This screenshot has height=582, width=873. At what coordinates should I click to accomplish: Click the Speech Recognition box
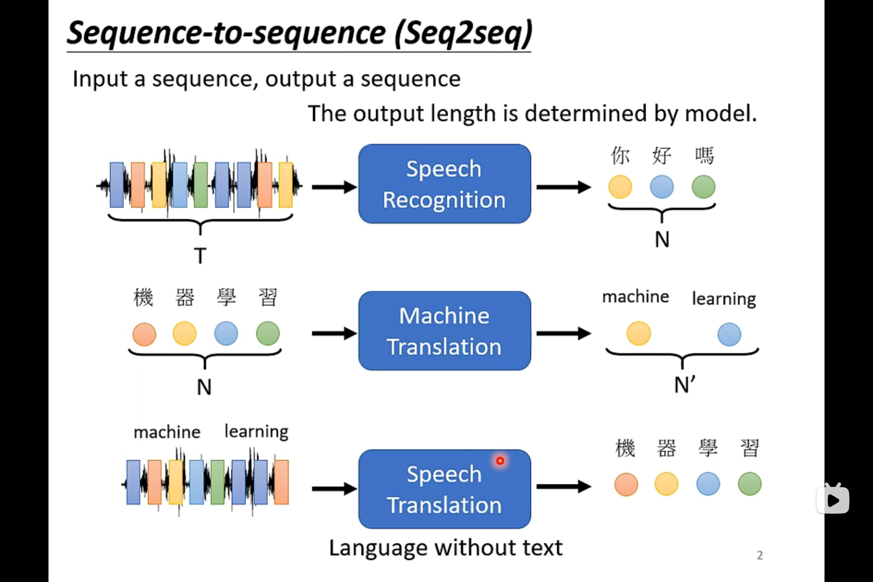click(445, 184)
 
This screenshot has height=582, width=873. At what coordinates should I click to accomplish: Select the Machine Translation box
click(445, 331)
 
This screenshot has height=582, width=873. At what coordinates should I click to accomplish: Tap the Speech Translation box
click(445, 489)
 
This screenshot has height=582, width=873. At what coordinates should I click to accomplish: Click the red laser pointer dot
click(500, 461)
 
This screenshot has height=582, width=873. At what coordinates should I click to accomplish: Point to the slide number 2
click(760, 555)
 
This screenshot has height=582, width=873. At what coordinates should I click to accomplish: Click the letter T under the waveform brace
click(200, 255)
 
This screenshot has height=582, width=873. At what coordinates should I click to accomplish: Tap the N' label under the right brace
click(685, 384)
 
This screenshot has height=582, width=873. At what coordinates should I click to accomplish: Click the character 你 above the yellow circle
click(620, 156)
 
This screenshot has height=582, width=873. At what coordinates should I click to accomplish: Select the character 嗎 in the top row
click(704, 156)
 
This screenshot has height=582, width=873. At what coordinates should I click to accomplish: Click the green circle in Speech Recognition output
click(704, 187)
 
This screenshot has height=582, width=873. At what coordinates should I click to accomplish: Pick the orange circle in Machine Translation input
click(144, 334)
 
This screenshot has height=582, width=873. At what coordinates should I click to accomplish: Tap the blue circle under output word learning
click(730, 334)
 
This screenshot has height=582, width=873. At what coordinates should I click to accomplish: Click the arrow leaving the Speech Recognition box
click(564, 187)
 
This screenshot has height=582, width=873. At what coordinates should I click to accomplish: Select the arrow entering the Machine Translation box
click(335, 333)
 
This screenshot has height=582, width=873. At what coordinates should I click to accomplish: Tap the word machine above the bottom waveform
click(167, 432)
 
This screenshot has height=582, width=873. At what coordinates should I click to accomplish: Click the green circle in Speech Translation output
click(750, 484)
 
